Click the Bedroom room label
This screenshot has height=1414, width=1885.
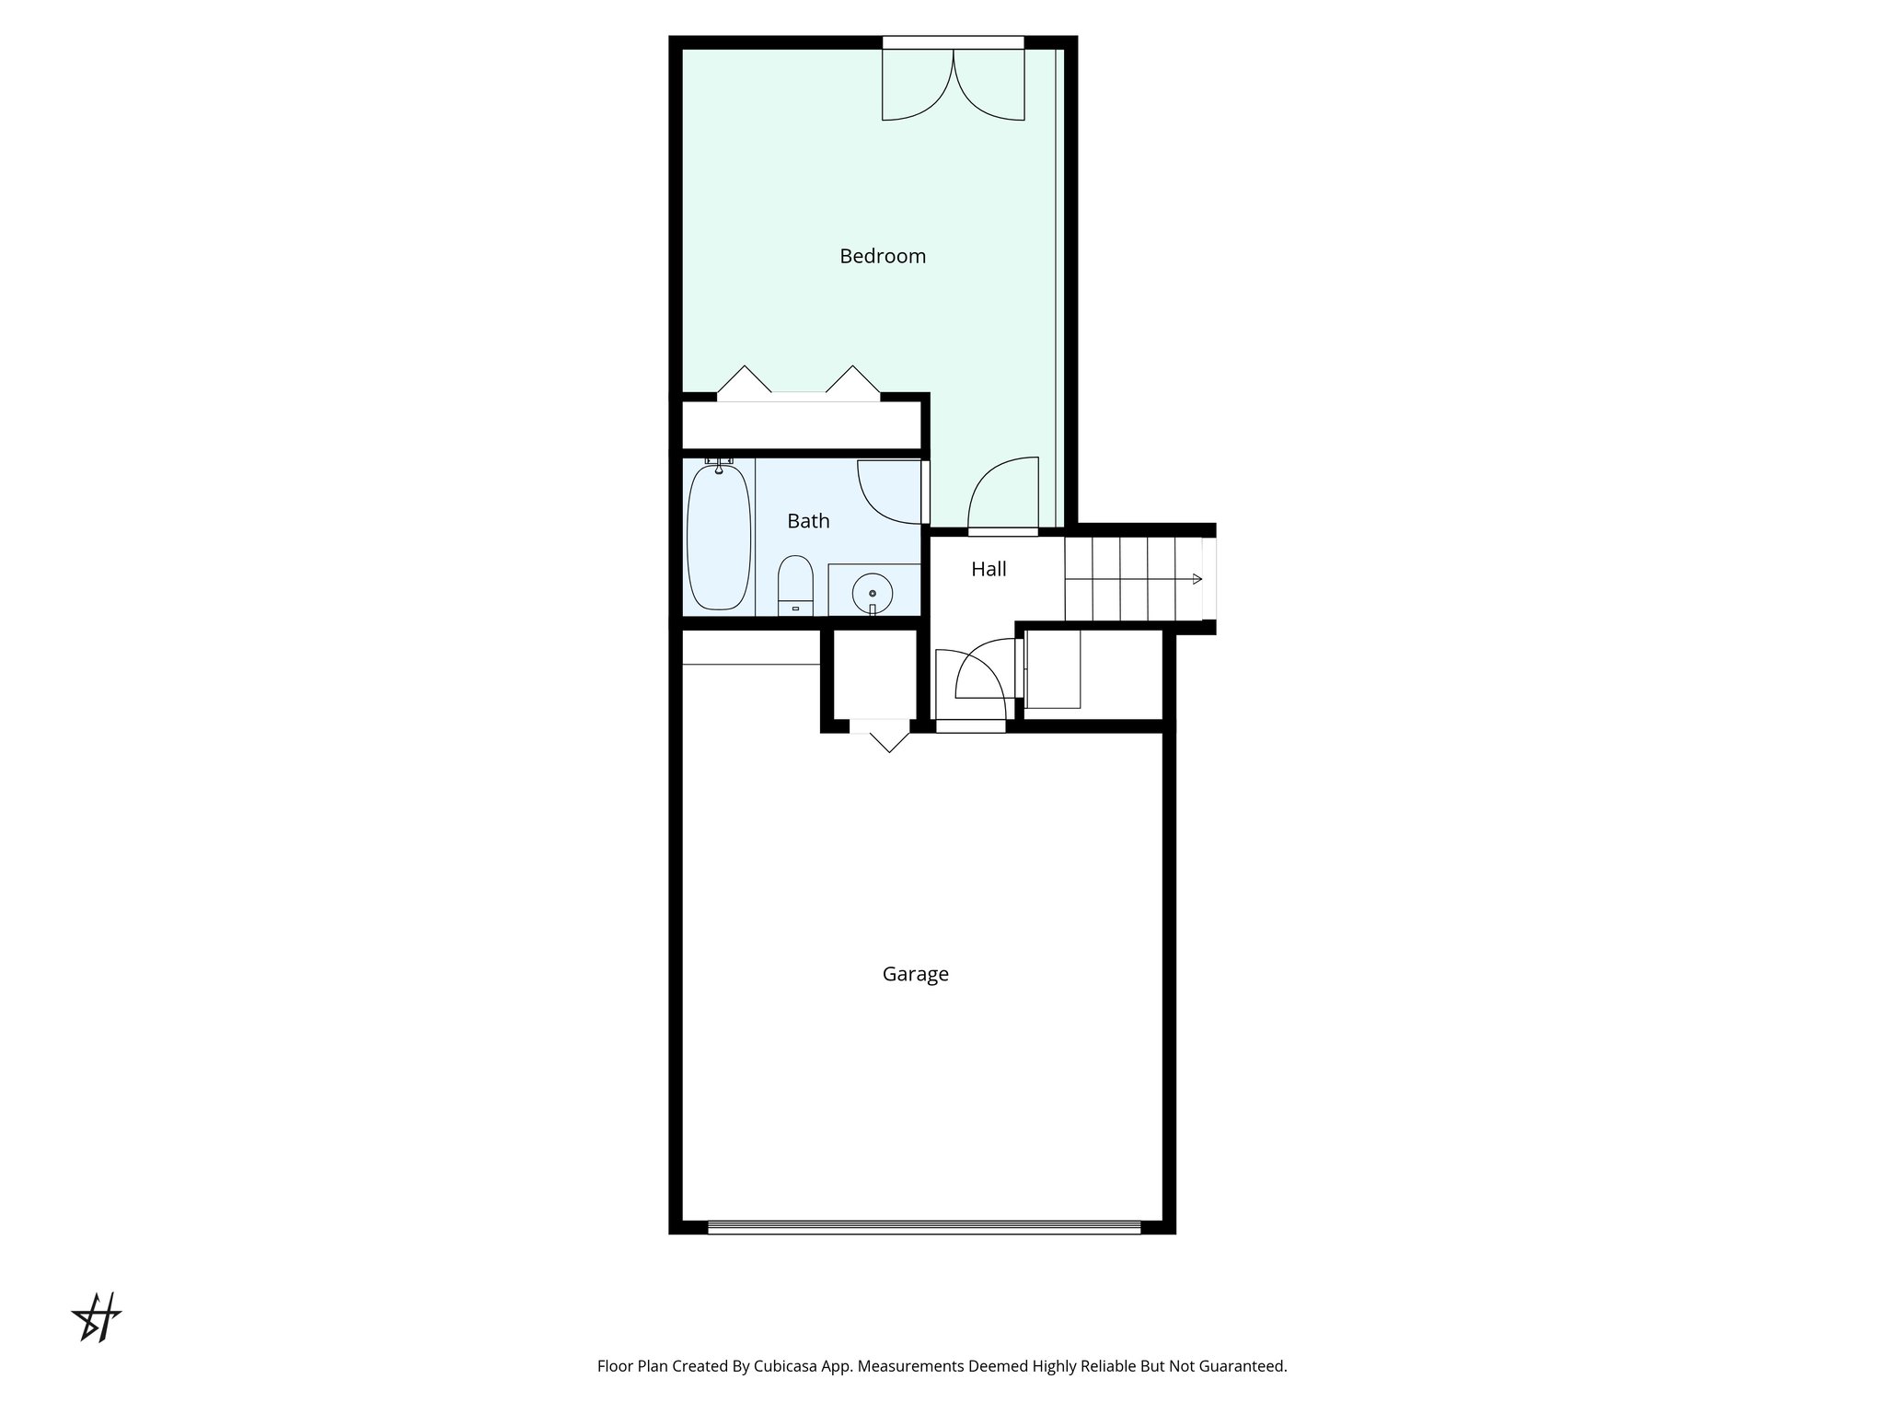(x=882, y=256)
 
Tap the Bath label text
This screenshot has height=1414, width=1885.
(x=808, y=521)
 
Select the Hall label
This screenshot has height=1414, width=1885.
(x=989, y=569)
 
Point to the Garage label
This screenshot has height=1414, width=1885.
(x=915, y=974)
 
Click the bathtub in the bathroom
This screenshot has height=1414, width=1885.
(x=719, y=539)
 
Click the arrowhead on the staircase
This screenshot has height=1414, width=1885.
(x=1197, y=579)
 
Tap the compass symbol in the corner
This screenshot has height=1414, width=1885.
(x=98, y=1317)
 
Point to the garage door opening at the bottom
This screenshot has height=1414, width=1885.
(x=923, y=1226)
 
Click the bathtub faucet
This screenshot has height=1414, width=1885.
(x=719, y=464)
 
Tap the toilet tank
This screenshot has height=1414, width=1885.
(x=796, y=608)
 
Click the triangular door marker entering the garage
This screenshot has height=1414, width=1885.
(x=887, y=741)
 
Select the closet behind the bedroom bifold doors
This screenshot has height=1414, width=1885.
(x=801, y=425)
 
